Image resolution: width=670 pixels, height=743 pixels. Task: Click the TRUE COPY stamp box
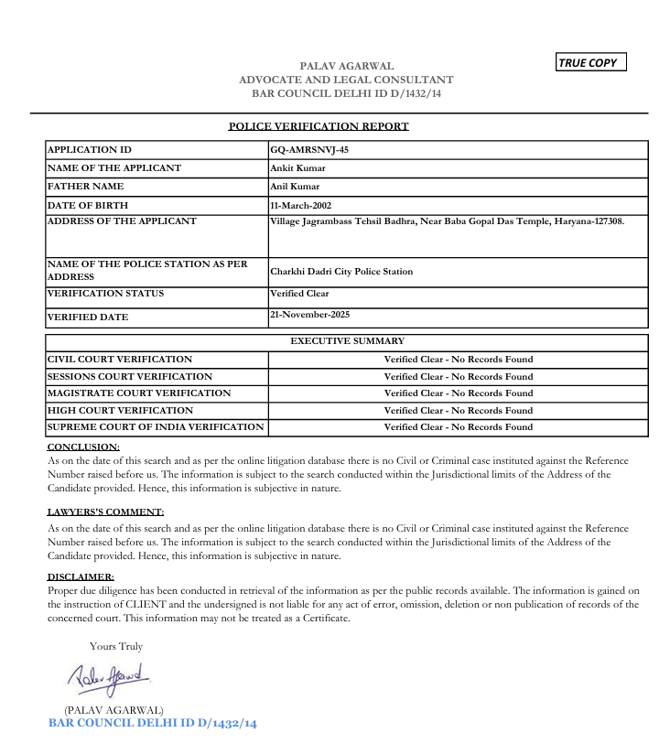click(591, 63)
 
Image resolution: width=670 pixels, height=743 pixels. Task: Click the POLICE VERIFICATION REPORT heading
click(319, 126)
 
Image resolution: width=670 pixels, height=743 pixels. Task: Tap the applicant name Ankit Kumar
click(297, 168)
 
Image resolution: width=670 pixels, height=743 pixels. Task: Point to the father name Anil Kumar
click(295, 187)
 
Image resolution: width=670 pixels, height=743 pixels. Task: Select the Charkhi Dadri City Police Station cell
click(341, 272)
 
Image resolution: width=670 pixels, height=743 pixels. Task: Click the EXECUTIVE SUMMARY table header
click(347, 341)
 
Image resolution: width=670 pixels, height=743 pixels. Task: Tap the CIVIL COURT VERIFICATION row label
click(120, 360)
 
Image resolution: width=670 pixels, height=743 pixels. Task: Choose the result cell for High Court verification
click(458, 411)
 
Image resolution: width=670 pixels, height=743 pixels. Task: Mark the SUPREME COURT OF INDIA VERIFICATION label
click(156, 427)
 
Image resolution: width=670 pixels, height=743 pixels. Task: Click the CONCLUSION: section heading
click(83, 447)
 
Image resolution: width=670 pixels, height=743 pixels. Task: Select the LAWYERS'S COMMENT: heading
click(105, 512)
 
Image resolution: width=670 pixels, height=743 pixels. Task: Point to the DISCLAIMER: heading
click(81, 577)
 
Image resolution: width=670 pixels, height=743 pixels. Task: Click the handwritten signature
click(108, 677)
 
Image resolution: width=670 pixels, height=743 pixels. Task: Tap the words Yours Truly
click(116, 647)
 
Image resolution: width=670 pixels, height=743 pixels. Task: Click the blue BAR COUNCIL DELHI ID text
click(153, 724)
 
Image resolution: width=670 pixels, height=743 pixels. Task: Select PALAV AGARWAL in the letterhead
click(347, 66)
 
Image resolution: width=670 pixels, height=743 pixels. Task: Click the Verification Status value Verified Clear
click(299, 294)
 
